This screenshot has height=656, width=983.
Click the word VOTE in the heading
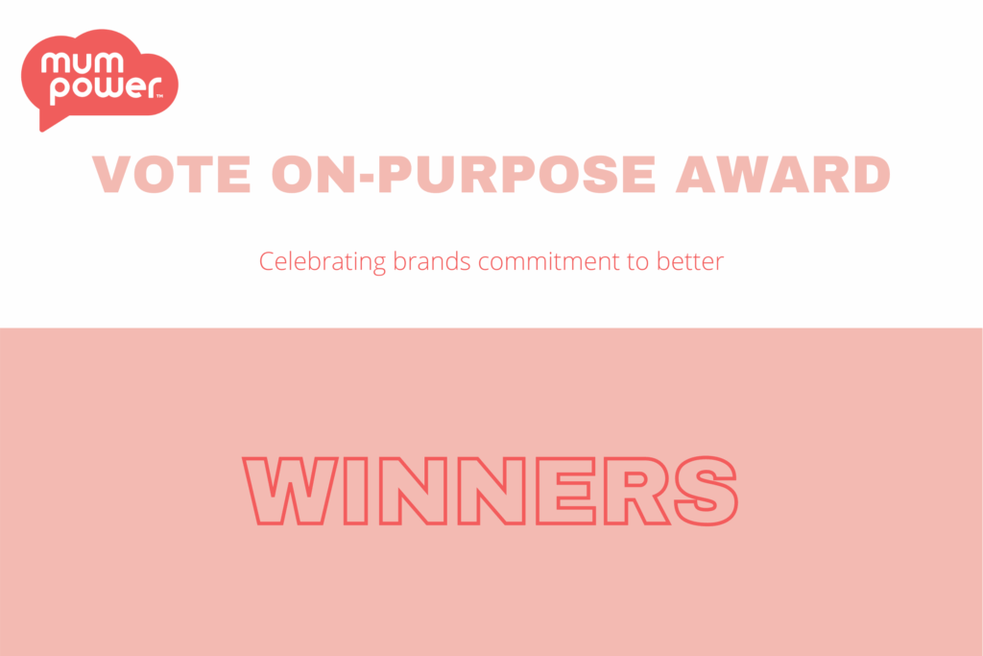click(x=172, y=175)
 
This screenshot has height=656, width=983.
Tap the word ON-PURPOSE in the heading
click(x=464, y=175)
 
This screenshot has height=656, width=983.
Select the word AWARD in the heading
click(x=783, y=175)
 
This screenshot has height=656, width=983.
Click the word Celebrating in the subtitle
click(x=323, y=261)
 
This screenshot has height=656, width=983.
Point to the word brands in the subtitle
click(x=431, y=261)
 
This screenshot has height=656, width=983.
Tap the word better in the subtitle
click(x=690, y=261)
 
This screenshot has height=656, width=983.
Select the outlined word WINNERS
click(x=491, y=491)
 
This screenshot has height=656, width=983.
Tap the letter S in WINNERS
click(x=706, y=491)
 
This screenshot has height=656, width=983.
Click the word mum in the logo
click(x=83, y=63)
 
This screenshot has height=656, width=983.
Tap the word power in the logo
click(x=106, y=88)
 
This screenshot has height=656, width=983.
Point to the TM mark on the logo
click(x=159, y=96)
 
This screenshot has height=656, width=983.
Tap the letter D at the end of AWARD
click(x=872, y=175)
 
